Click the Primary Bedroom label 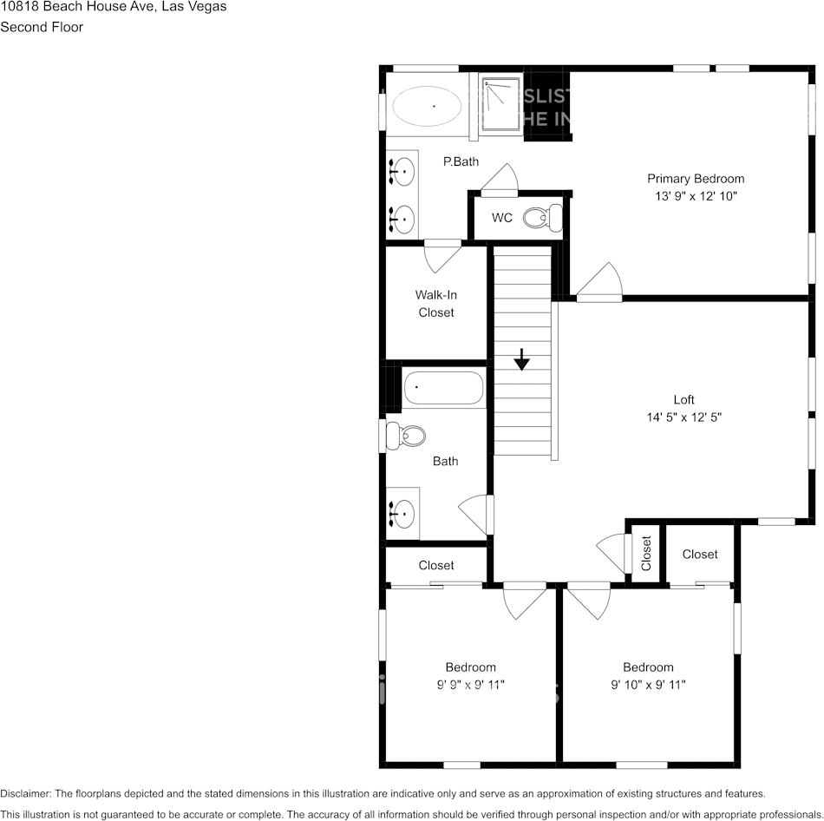point(696,179)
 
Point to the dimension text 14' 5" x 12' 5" point(684,417)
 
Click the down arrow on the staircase point(521,359)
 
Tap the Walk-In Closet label point(435,304)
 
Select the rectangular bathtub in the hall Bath point(444,388)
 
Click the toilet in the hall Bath point(404,435)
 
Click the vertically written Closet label point(646,554)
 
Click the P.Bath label point(461,161)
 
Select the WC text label point(502,218)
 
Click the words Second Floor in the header point(42,27)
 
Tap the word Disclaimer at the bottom point(25,793)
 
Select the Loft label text point(684,400)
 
